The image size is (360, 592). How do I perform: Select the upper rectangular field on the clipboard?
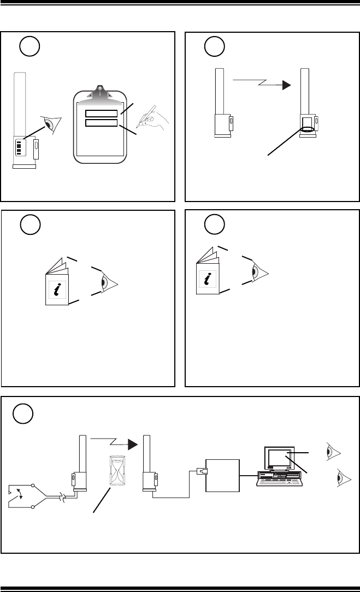pyautogui.click(x=101, y=113)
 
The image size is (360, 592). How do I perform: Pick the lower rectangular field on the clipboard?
pyautogui.click(x=101, y=123)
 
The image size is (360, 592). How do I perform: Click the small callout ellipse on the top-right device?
pyautogui.click(x=308, y=129)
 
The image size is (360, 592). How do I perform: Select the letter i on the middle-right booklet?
pyautogui.click(x=208, y=279)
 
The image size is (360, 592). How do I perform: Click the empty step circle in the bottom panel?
pyautogui.click(x=23, y=413)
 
